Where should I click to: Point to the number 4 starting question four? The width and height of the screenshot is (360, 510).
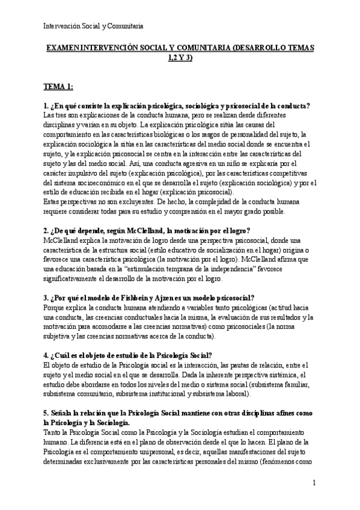(46, 355)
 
